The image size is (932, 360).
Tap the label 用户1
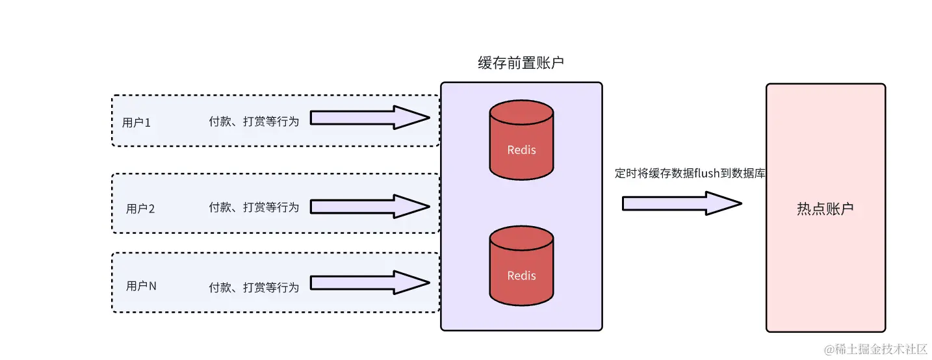pos(136,122)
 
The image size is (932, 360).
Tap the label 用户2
pos(140,209)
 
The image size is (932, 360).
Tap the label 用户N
pos(141,285)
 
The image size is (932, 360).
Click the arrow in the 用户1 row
pos(369,118)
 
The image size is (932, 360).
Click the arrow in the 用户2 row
pos(369,206)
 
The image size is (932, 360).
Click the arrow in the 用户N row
pos(369,282)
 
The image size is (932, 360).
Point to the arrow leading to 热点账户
pos(681,203)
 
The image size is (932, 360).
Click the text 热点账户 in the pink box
pos(825,209)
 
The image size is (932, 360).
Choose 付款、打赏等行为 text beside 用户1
pos(253,122)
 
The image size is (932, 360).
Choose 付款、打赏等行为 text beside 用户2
pos(253,207)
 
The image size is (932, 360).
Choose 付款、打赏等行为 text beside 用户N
pos(253,287)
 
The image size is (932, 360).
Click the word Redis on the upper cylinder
pos(521,150)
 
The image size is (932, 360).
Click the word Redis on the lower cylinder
pos(521,276)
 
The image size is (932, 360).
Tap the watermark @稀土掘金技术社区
pos(875,349)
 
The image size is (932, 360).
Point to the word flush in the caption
pos(706,174)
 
